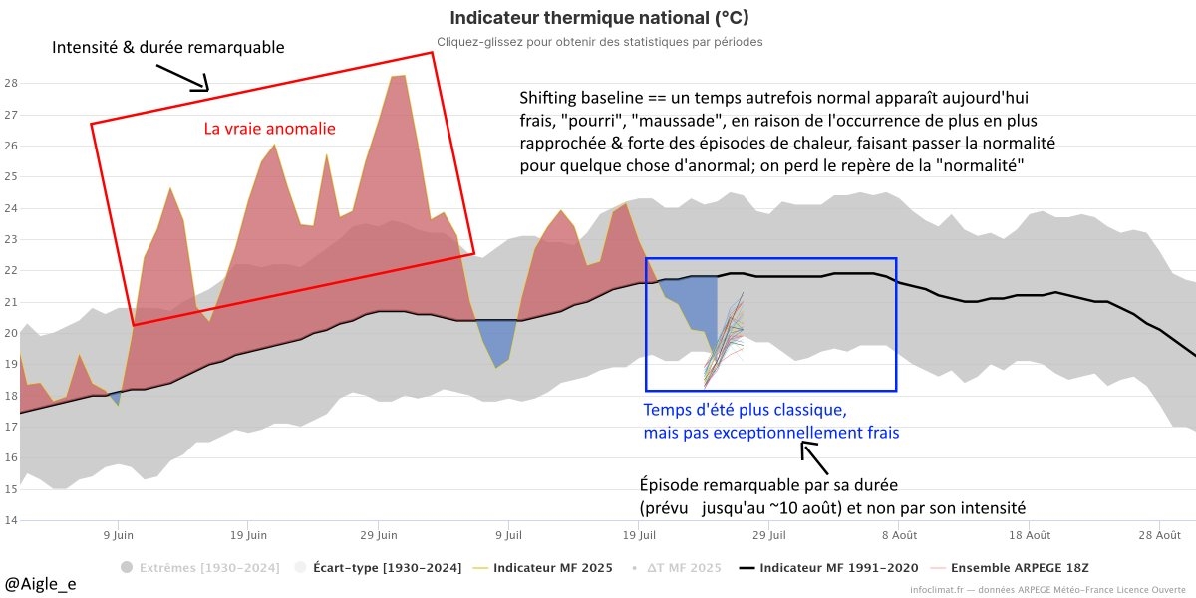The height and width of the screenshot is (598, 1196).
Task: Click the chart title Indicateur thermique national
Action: click(599, 18)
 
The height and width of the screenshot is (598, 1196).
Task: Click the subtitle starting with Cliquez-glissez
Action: click(599, 42)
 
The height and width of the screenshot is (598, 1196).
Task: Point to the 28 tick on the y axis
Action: click(12, 83)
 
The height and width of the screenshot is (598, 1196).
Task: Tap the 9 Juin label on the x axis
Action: click(118, 535)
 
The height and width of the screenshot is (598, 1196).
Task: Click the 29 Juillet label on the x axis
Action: click(767, 535)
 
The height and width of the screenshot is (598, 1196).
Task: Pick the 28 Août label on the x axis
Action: click(1159, 535)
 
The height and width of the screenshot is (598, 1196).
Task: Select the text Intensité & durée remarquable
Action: click(168, 47)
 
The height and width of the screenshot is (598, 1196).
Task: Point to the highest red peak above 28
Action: click(398, 76)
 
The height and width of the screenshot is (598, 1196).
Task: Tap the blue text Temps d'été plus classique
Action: click(746, 410)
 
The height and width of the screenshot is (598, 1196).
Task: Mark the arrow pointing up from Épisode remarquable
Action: click(815, 458)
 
